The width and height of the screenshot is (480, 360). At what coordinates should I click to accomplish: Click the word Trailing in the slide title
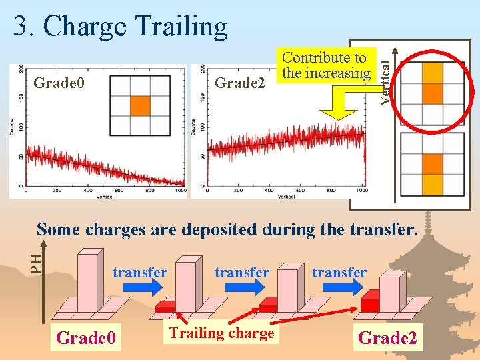[181, 27]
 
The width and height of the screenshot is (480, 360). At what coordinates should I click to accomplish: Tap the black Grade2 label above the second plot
[240, 83]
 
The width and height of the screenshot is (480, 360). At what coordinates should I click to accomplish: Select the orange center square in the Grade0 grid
[140, 106]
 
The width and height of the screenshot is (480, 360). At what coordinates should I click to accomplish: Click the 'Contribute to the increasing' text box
[326, 65]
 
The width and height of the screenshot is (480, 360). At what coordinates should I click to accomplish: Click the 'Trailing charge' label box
[221, 333]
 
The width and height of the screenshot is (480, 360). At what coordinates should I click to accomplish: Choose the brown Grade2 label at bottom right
[387, 338]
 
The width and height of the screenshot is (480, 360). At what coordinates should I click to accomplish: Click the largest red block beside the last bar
[370, 305]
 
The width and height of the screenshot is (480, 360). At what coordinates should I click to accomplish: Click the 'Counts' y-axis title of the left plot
[12, 127]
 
